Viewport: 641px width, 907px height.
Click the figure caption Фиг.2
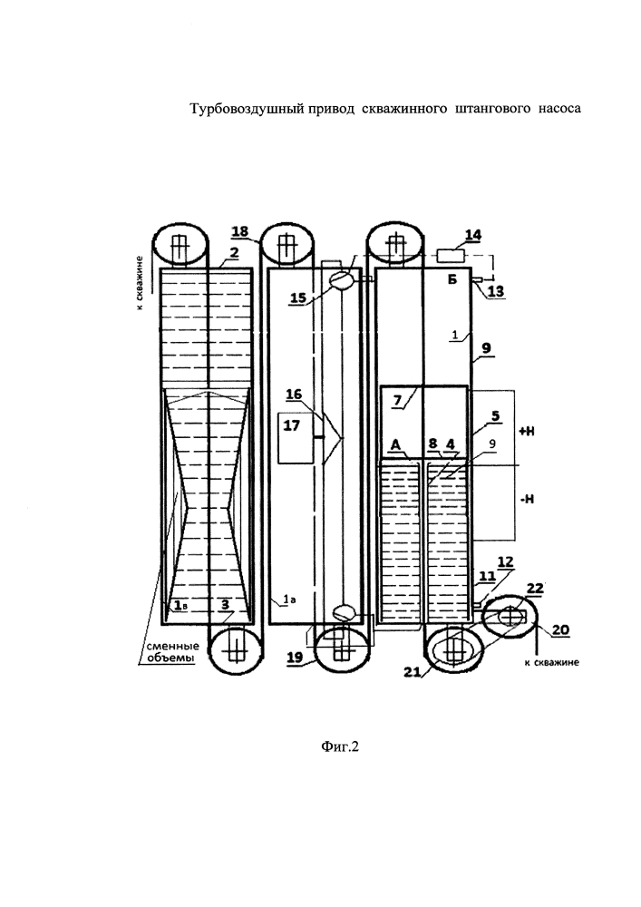339,747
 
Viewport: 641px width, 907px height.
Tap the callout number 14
472,235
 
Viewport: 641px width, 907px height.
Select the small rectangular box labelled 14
453,255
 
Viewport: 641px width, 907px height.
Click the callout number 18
240,232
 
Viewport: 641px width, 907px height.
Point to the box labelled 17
296,437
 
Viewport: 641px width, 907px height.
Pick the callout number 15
298,297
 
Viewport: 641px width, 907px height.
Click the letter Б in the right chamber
452,280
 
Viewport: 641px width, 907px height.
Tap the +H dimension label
527,431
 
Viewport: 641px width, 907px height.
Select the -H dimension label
527,499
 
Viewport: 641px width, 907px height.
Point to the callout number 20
560,630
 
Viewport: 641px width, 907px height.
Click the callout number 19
296,658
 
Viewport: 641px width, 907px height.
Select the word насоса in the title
560,108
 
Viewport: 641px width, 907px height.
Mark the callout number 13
496,291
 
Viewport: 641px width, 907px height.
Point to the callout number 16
294,395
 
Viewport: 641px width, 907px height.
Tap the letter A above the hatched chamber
396,444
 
